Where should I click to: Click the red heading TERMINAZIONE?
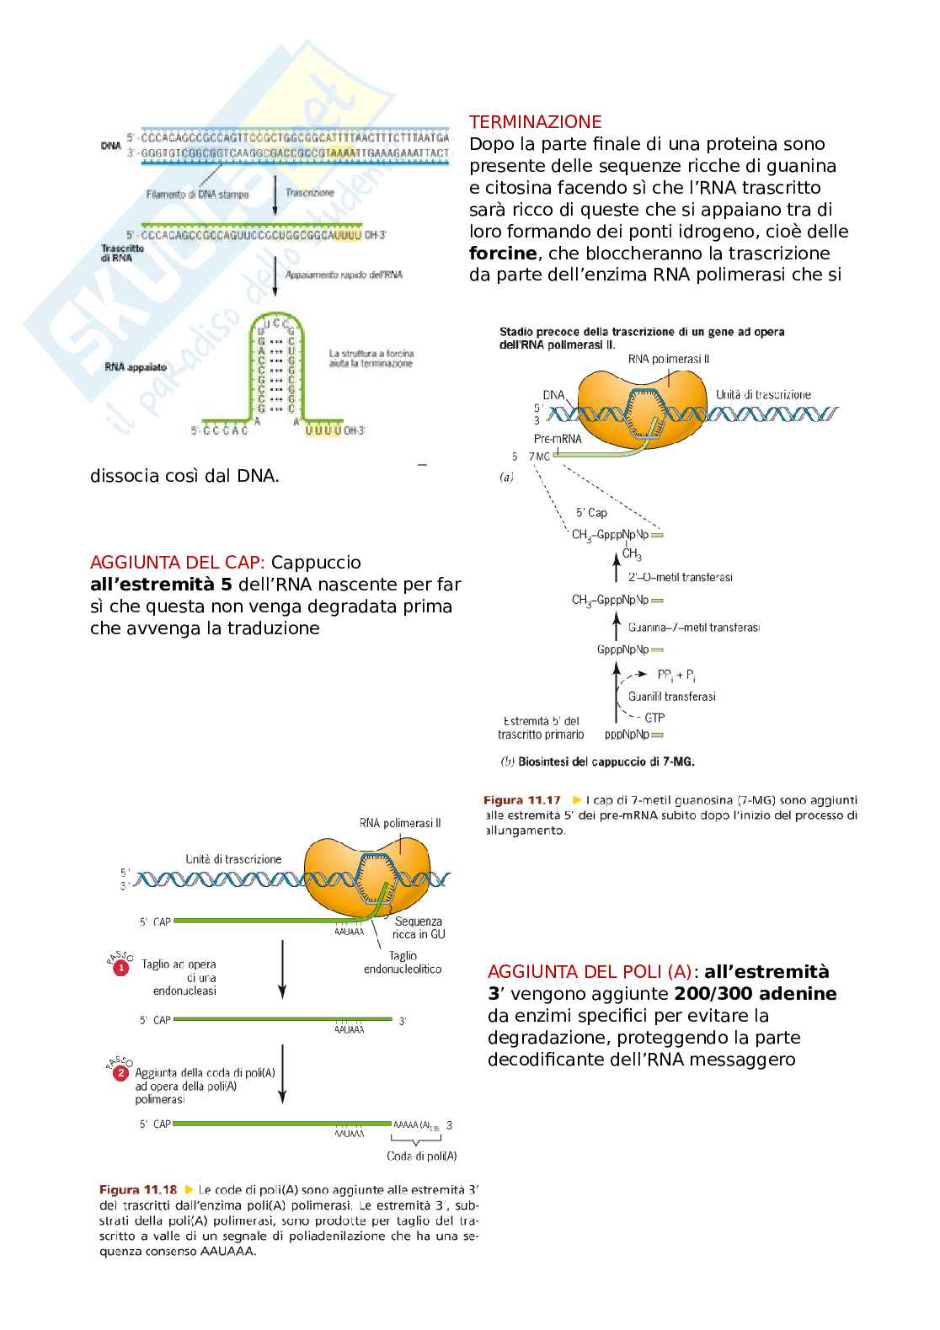[535, 121]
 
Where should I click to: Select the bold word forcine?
[503, 253]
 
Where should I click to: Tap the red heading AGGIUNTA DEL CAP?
[178, 562]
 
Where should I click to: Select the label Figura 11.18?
[138, 1190]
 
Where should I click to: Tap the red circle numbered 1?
[120, 969]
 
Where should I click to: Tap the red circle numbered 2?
[120, 1073]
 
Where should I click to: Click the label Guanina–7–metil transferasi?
[693, 628]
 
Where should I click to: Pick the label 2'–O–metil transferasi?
[680, 577]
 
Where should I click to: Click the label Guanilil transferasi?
[671, 697]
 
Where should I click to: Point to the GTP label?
[654, 718]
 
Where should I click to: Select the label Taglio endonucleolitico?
[403, 963]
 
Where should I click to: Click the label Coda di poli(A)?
[421, 1156]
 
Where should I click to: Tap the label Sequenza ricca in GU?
[419, 927]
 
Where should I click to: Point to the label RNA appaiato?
[136, 366]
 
